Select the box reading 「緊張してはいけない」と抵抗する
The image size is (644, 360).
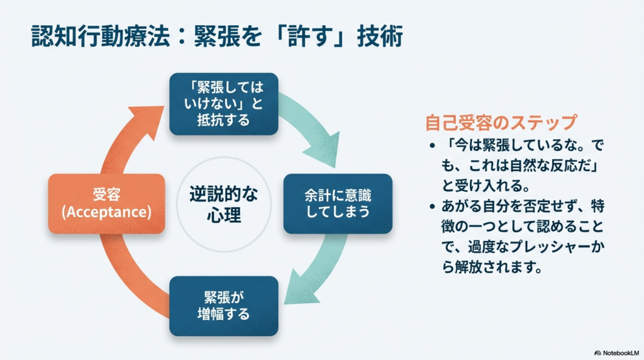(223, 104)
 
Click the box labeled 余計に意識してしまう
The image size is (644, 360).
(338, 203)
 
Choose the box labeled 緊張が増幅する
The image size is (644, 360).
(223, 305)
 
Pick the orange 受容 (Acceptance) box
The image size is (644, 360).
(106, 203)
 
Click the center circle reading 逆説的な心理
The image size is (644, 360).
(223, 203)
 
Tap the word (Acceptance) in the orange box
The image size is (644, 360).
(106, 212)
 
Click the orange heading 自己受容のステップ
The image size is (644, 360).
(501, 121)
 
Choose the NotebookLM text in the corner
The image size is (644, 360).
(621, 353)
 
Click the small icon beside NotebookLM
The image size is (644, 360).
(597, 353)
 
